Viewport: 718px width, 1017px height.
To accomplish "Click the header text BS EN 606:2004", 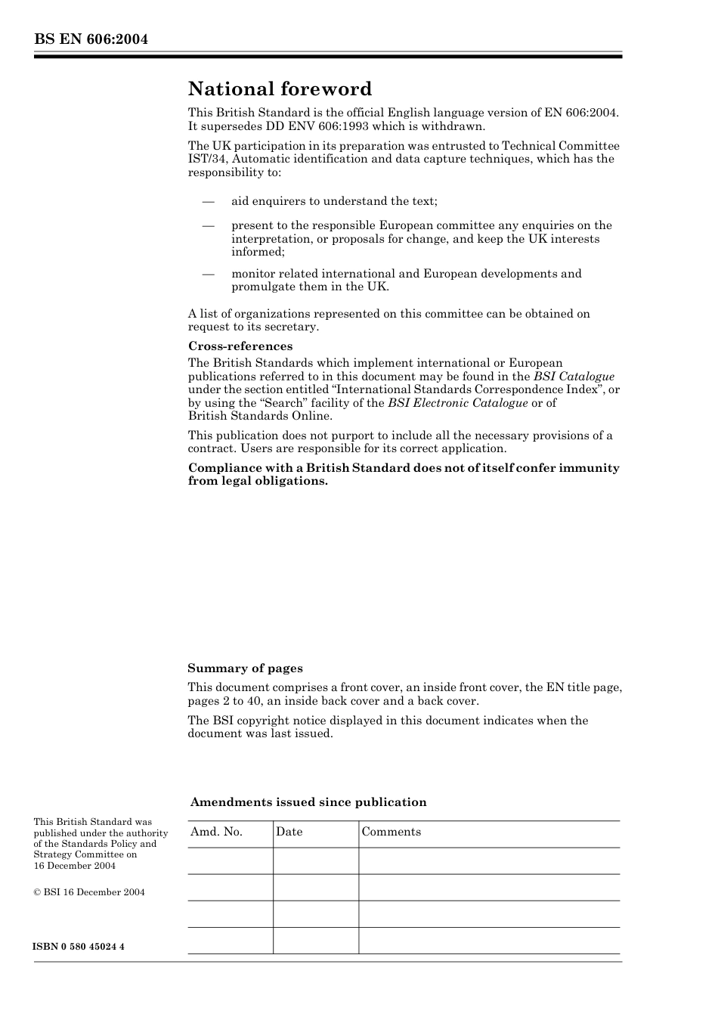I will (x=91, y=39).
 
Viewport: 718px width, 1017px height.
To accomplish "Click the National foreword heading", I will (x=280, y=89).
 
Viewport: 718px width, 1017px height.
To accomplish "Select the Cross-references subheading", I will (x=240, y=346).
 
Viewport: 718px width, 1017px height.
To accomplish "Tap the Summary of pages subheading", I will (x=245, y=668).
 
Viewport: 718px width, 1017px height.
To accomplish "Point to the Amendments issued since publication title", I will (x=308, y=802).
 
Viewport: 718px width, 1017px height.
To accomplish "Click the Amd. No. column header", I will (x=217, y=832).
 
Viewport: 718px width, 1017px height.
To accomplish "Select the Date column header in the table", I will (x=289, y=832).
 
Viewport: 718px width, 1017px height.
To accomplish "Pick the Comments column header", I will (x=391, y=832).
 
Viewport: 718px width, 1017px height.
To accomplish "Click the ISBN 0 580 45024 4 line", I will (x=79, y=947).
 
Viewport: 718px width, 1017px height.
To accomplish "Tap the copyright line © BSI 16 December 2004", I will (x=89, y=892).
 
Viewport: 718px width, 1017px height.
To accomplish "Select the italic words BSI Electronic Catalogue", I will (x=457, y=403).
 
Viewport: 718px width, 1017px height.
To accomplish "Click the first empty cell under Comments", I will (x=489, y=860).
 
